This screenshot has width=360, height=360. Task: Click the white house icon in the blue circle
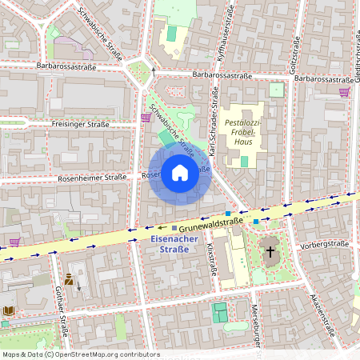[x=179, y=172]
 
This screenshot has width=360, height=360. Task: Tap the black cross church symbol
[x=270, y=252]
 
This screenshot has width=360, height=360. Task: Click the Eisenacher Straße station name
[x=169, y=243]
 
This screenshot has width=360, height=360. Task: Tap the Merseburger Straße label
[x=257, y=324]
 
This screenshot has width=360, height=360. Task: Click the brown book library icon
[x=9, y=310]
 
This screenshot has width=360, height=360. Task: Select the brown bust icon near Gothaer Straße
[x=69, y=279]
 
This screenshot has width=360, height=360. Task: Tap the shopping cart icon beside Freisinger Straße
[x=145, y=118]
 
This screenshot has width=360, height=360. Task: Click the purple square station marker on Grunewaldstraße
[x=174, y=230]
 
